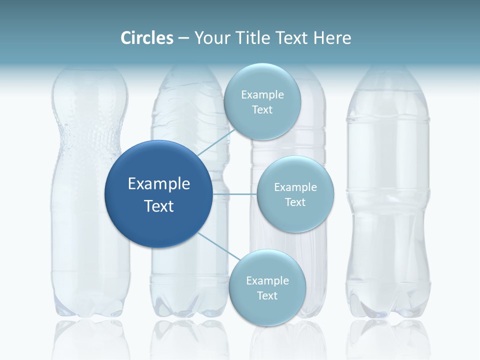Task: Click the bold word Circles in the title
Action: point(147,38)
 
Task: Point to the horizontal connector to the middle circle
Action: point(235,194)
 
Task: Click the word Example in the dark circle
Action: point(159,184)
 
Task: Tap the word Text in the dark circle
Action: point(159,206)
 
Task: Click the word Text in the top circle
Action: point(262,110)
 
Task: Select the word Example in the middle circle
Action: point(295,187)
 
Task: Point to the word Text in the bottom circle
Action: point(267,296)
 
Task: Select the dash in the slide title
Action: point(183,38)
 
